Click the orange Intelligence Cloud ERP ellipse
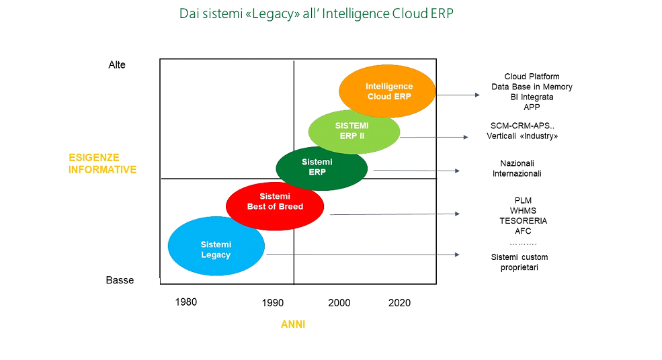386,91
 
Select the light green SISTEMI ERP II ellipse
354,132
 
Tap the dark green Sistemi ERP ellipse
321,168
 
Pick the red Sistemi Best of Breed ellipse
275,206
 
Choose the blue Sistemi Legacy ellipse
216,246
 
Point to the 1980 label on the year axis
186,302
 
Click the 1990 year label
273,303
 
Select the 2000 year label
339,303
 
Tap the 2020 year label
399,303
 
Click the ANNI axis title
293,324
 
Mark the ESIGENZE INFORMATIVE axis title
103,164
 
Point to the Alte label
117,64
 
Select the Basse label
120,280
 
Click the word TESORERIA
523,221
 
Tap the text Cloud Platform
532,77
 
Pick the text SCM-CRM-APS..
520,126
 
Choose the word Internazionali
517,173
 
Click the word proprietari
520,267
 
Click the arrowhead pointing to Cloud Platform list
477,95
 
